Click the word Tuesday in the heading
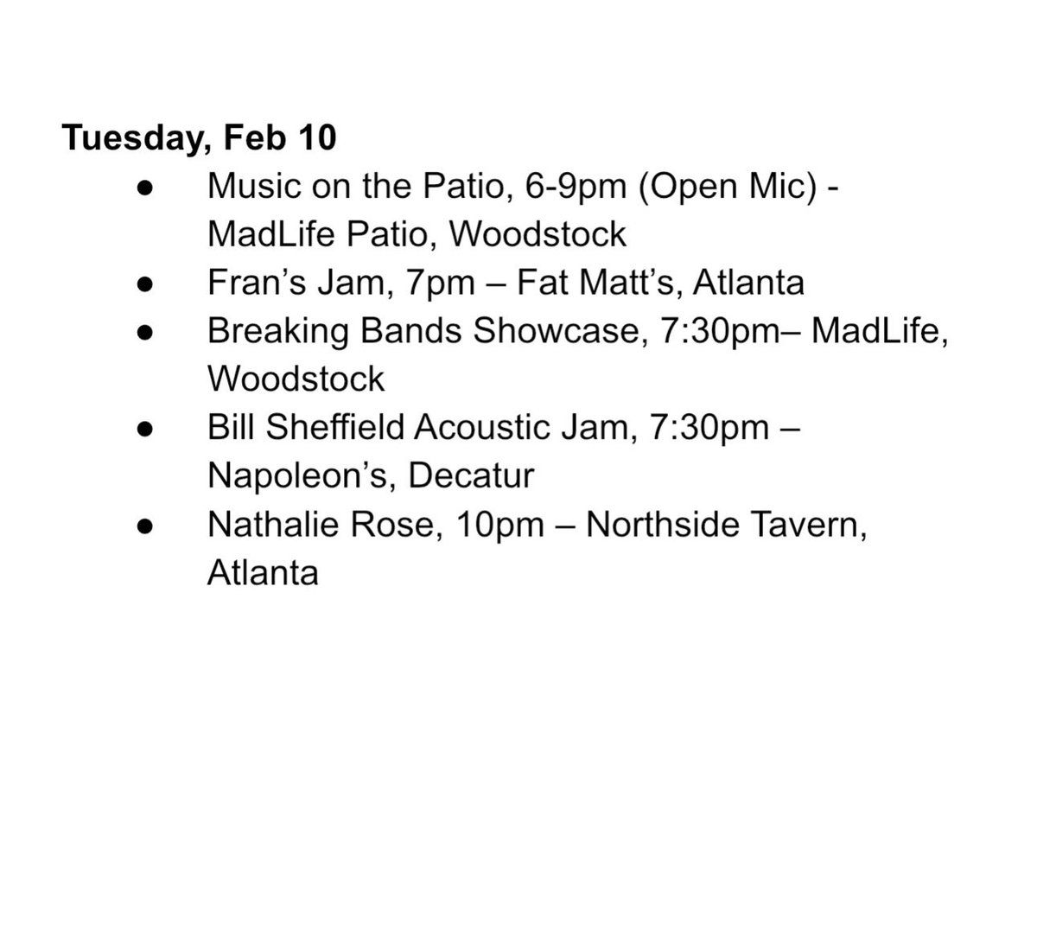click(x=127, y=139)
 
